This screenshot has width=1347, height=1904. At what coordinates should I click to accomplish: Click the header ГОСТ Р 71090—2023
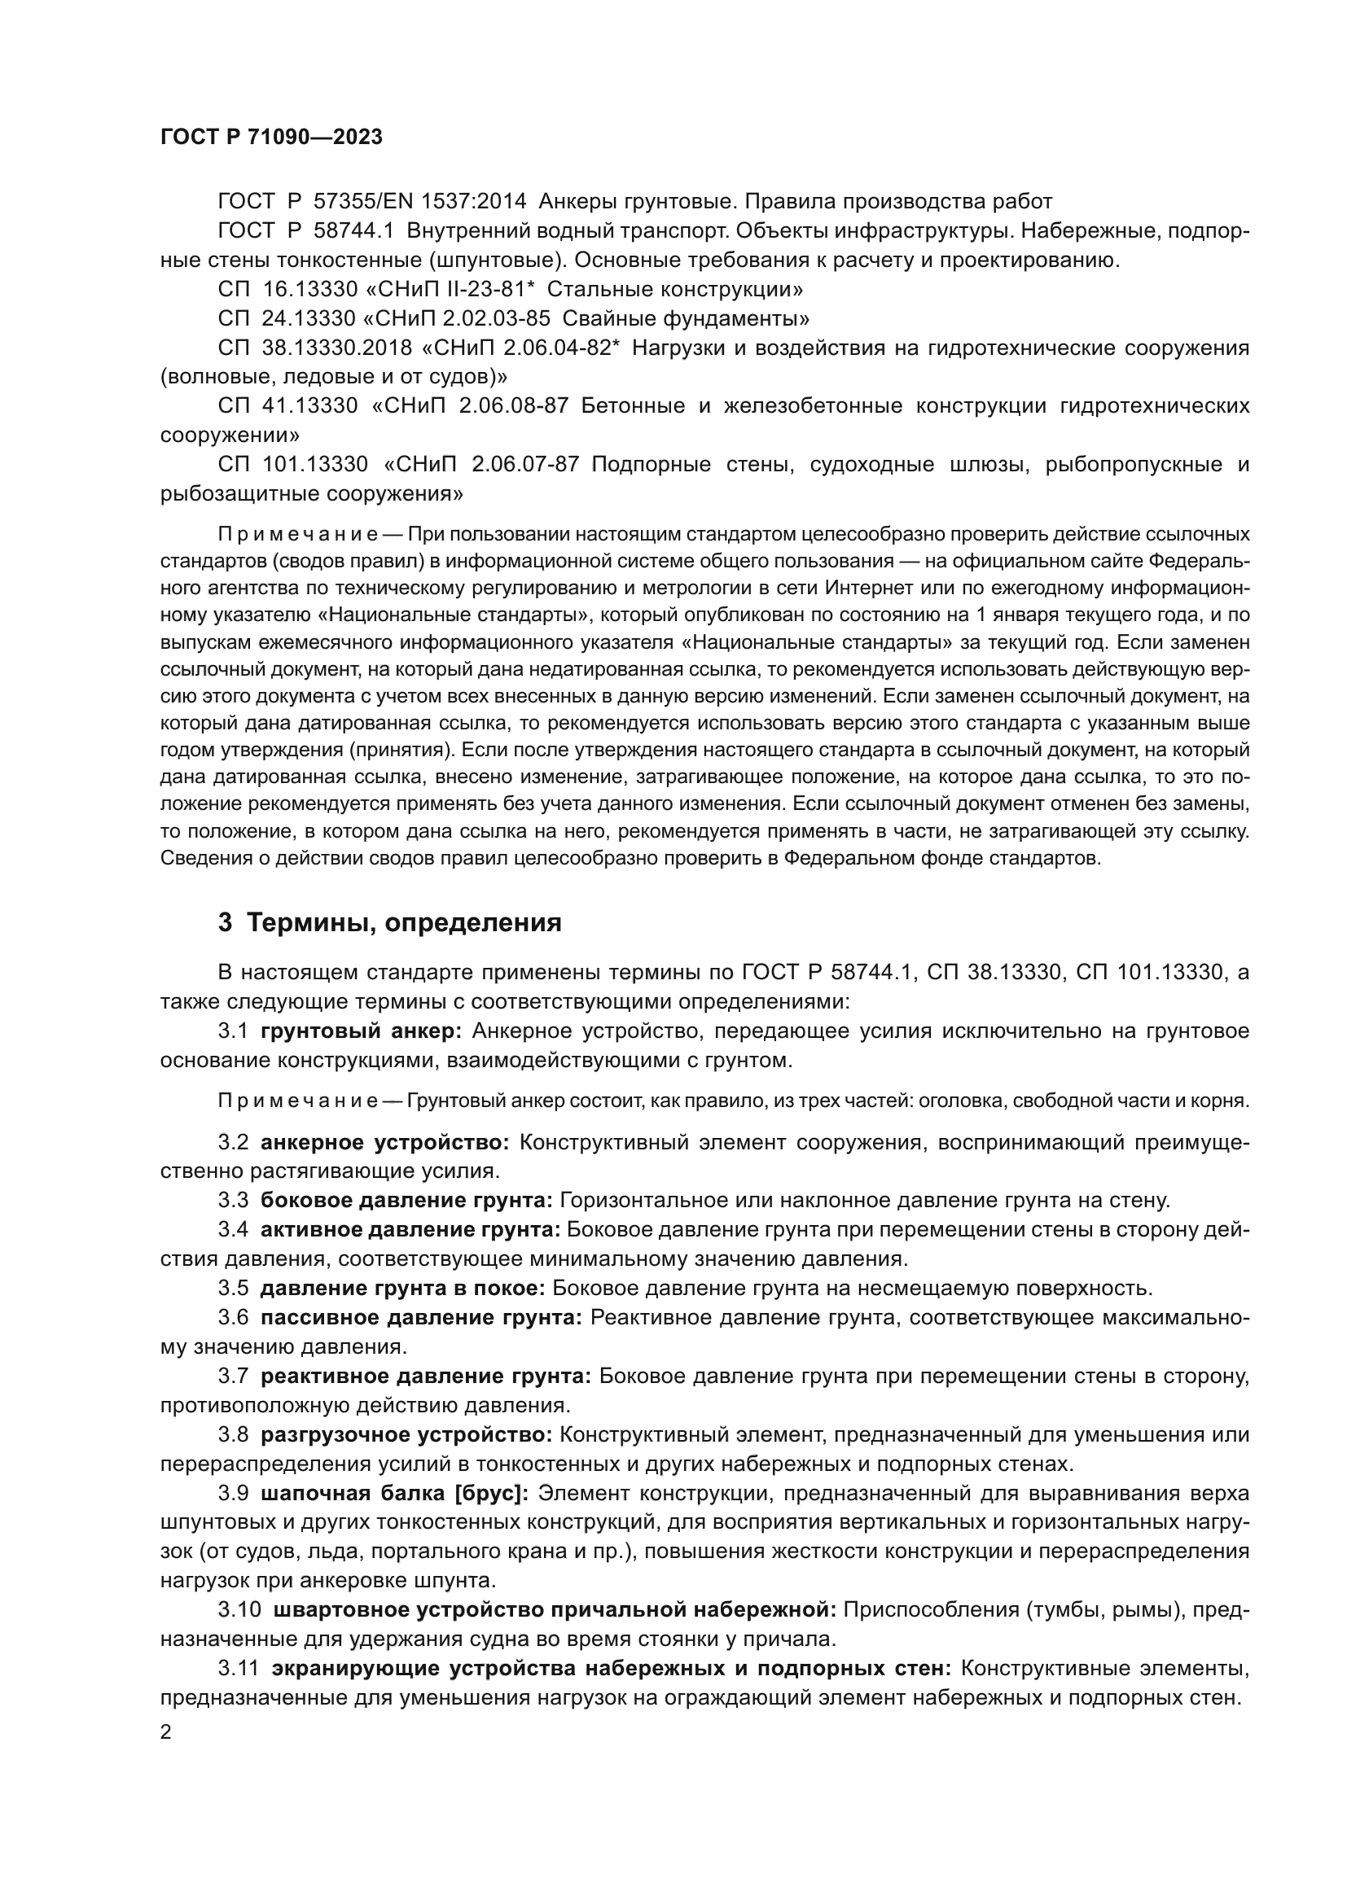[x=271, y=138]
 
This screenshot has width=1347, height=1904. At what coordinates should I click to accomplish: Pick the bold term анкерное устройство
[x=385, y=1143]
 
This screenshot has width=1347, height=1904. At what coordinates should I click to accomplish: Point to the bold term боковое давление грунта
[x=406, y=1200]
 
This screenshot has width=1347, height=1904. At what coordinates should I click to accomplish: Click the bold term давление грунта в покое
[x=402, y=1288]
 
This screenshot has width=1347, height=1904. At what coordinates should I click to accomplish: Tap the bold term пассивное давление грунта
[x=421, y=1317]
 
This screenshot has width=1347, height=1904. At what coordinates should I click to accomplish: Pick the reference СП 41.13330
[x=287, y=405]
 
